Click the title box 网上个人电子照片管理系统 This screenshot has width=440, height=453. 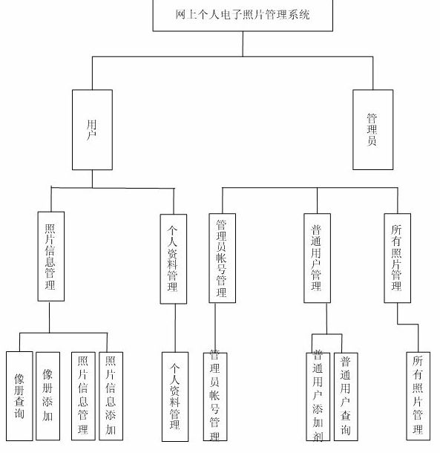[x=242, y=15]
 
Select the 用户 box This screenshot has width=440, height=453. [x=91, y=128]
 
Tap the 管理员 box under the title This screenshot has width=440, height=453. [x=372, y=128]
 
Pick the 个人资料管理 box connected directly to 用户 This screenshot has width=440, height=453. [x=174, y=258]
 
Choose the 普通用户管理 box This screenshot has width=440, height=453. [x=317, y=257]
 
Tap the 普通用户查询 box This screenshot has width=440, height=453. [x=345, y=395]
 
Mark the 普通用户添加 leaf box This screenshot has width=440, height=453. [x=317, y=395]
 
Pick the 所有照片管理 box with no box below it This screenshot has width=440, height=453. [x=418, y=395]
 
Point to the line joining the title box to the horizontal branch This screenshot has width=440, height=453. [x=242, y=43]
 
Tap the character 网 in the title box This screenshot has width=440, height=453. [x=180, y=15]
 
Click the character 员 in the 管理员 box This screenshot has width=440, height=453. [x=372, y=140]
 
